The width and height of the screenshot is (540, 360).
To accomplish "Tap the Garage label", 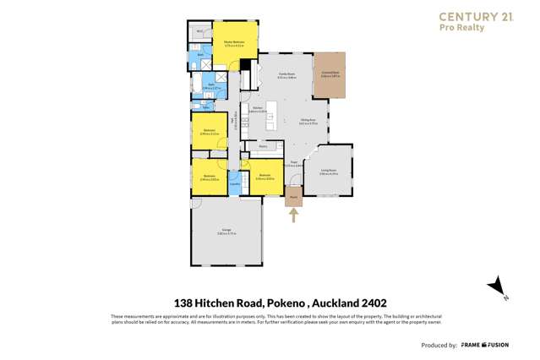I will coord(226,231).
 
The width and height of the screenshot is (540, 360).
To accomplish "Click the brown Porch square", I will coord(294,198).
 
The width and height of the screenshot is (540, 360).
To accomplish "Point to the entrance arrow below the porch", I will coord(294,216).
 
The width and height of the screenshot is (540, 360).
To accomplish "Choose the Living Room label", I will coord(329,172).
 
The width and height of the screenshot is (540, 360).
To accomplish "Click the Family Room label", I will coord(286,74).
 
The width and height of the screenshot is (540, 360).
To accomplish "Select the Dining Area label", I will coord(308,122).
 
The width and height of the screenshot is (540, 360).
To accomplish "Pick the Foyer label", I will coord(295,163).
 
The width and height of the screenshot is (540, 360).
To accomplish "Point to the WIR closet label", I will coord(199,31).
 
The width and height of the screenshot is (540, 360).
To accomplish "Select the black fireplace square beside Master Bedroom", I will coord(246,65).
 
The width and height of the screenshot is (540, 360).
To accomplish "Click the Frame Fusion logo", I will coord(485,345).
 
